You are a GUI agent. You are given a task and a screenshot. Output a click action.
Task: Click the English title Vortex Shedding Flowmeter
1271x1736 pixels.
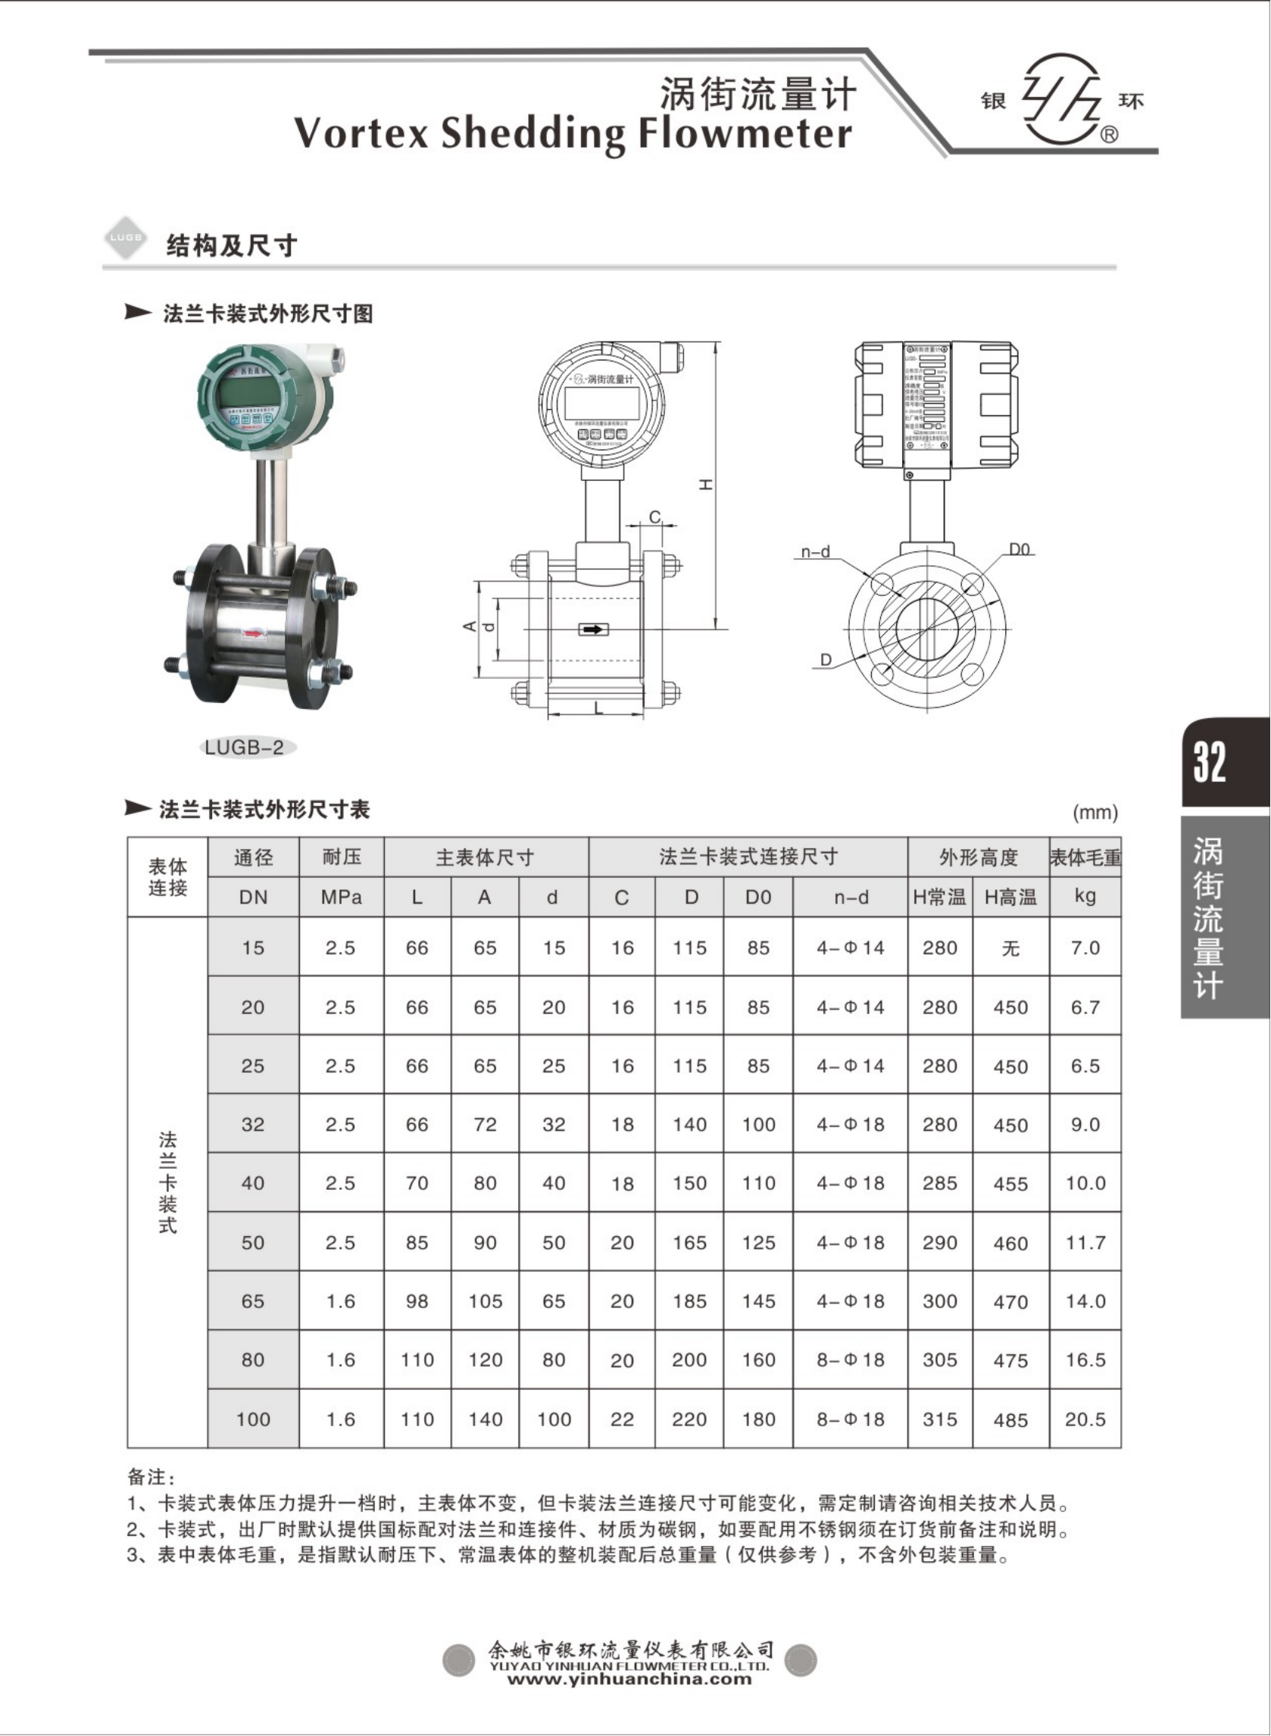coord(573,133)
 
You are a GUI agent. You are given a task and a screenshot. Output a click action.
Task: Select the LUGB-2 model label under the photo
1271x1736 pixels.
coord(245,747)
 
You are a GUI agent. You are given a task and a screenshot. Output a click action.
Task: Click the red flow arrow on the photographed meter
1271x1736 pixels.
coord(253,634)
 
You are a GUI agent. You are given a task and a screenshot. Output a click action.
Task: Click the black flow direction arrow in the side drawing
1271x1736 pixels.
coord(593,629)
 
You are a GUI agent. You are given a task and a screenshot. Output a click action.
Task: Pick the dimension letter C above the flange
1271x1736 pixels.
coord(654,517)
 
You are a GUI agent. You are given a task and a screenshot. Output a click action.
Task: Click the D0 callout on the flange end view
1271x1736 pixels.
coord(1019,549)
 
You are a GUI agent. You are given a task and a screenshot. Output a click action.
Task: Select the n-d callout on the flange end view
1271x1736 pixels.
coord(815,551)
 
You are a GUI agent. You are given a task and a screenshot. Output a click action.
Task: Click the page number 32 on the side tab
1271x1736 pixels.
coord(1209,762)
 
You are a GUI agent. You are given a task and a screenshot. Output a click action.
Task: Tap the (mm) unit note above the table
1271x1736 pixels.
coord(1094,812)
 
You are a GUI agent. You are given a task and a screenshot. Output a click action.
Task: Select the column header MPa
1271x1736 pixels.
coord(341,897)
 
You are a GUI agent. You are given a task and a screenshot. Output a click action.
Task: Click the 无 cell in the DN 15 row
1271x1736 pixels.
coord(1010,948)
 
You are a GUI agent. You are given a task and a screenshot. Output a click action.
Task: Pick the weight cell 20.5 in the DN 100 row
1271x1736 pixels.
coord(1085,1419)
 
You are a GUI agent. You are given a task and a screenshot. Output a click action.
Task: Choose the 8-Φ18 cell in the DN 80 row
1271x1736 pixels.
coord(850,1360)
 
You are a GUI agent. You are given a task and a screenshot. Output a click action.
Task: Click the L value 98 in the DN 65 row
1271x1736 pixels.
coord(417,1301)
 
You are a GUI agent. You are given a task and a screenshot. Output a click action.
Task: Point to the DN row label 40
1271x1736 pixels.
coord(252,1183)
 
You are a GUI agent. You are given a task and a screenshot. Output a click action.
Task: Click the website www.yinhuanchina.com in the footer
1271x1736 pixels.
coord(629,1678)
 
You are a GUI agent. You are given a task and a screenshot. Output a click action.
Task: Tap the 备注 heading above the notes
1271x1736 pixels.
coord(151,1476)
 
